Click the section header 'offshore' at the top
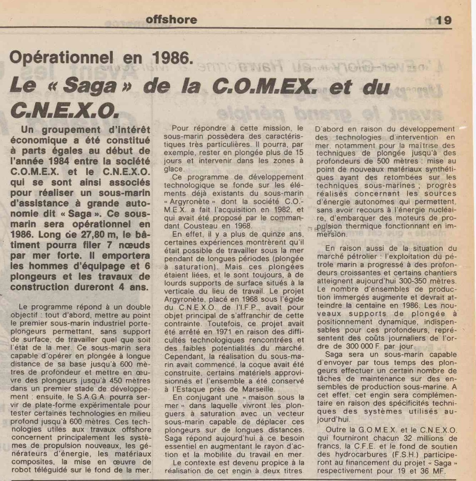click(171, 19)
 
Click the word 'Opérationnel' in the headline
click(61, 57)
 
